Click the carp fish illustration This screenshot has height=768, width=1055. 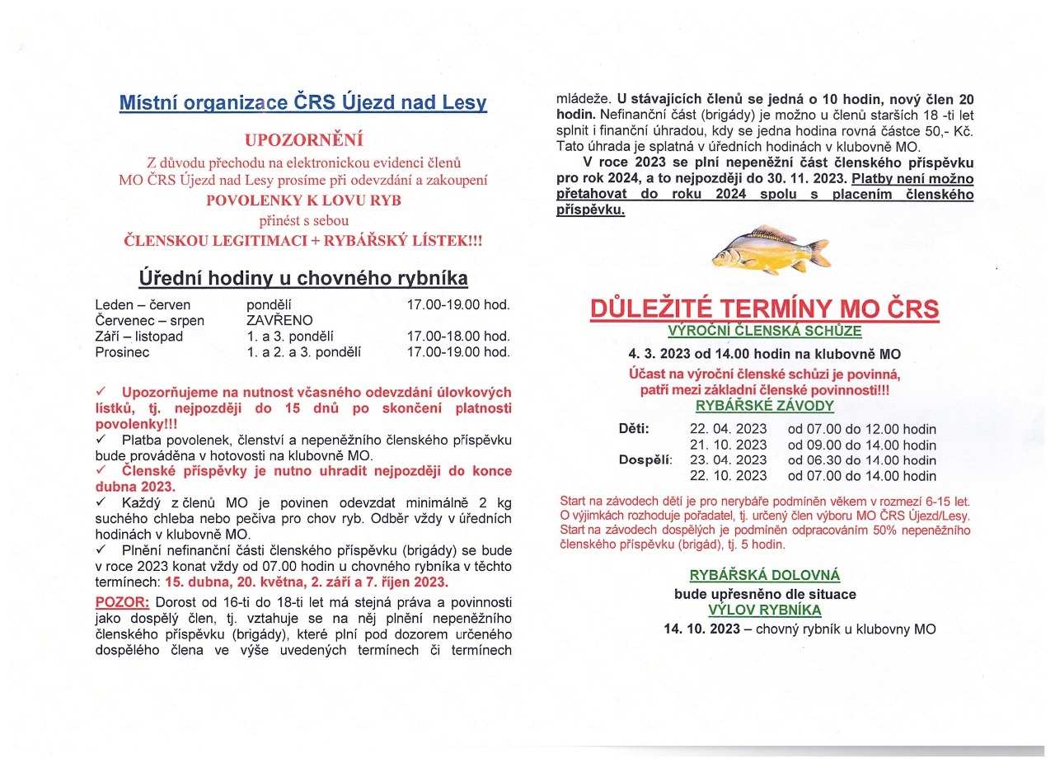770,250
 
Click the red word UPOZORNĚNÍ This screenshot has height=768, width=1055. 303,140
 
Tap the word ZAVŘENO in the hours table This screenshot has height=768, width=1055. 279,320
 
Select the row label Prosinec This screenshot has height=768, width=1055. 123,351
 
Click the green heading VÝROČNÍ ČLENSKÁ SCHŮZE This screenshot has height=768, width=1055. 765,331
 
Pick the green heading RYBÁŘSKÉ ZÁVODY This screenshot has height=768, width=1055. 765,406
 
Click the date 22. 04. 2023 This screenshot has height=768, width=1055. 728,429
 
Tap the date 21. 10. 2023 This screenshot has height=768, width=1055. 728,445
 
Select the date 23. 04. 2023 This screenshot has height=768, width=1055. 728,460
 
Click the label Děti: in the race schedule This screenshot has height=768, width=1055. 634,429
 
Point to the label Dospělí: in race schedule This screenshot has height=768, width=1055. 645,460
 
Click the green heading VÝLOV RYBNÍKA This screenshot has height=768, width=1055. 765,610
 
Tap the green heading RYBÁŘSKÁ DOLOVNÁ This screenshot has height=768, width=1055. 765,576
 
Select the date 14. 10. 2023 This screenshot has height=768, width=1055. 701,629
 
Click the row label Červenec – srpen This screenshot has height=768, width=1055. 150,320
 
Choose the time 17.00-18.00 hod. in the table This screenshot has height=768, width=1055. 458,336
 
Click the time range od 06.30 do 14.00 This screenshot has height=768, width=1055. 861,460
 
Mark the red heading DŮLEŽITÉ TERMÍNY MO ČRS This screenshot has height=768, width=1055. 765,309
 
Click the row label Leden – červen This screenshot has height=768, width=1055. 143,304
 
